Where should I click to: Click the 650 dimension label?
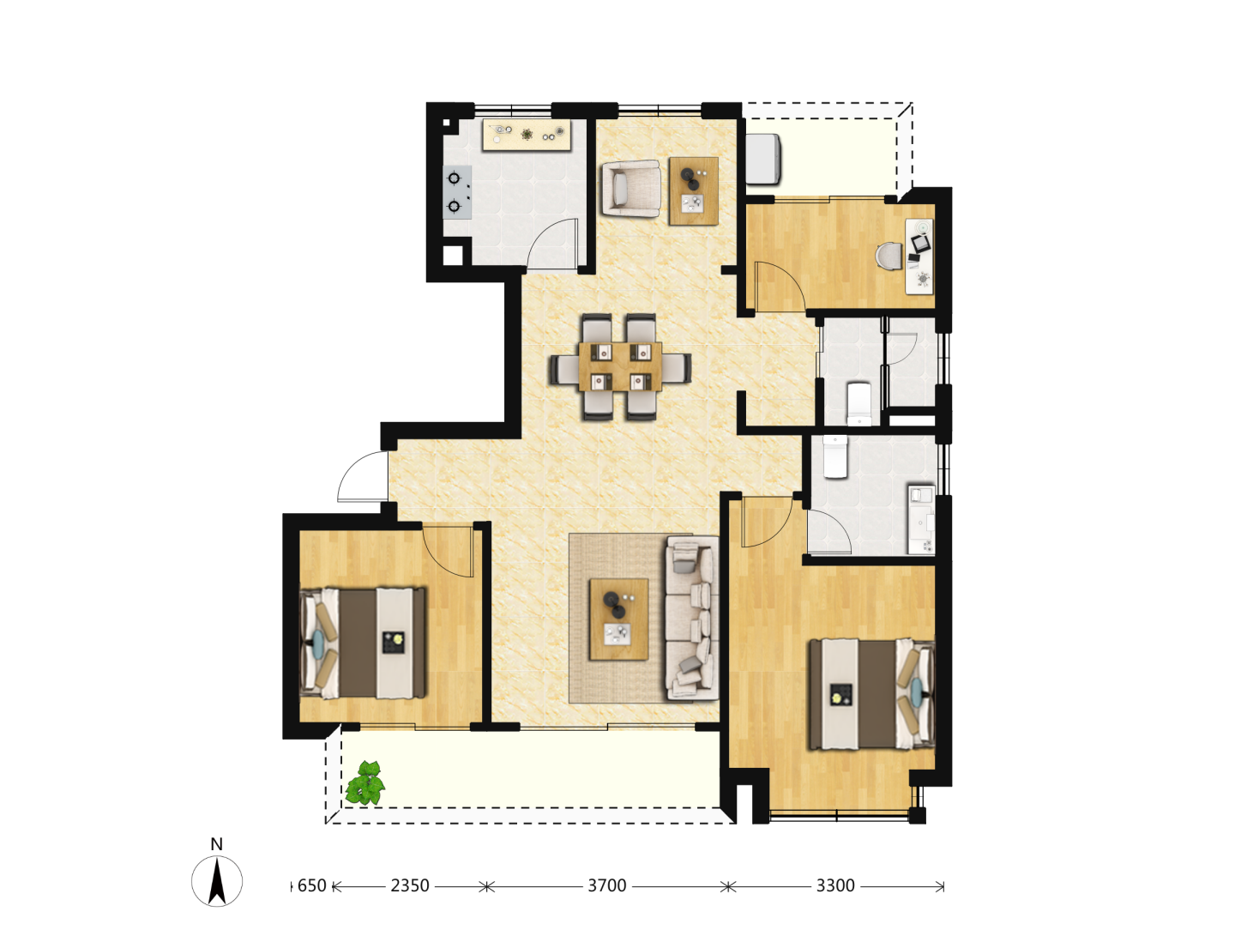coord(311,885)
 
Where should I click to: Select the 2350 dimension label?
coord(409,885)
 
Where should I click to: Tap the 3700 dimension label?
coord(606,885)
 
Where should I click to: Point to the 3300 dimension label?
coord(835,885)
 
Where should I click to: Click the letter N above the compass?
coord(217,844)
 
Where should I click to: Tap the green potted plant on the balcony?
coord(365,782)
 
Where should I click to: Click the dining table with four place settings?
coord(620,366)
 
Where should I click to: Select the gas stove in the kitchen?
coord(457,192)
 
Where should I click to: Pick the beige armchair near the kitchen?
coord(630,188)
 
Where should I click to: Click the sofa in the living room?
coord(691,618)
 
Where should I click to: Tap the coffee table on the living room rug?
coord(618,619)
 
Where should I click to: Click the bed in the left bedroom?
coord(363,643)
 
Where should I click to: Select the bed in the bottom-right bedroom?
coord(871,694)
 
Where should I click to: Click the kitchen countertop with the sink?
coord(527,135)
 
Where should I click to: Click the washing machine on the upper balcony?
coord(763,160)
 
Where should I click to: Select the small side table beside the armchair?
coord(693,191)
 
